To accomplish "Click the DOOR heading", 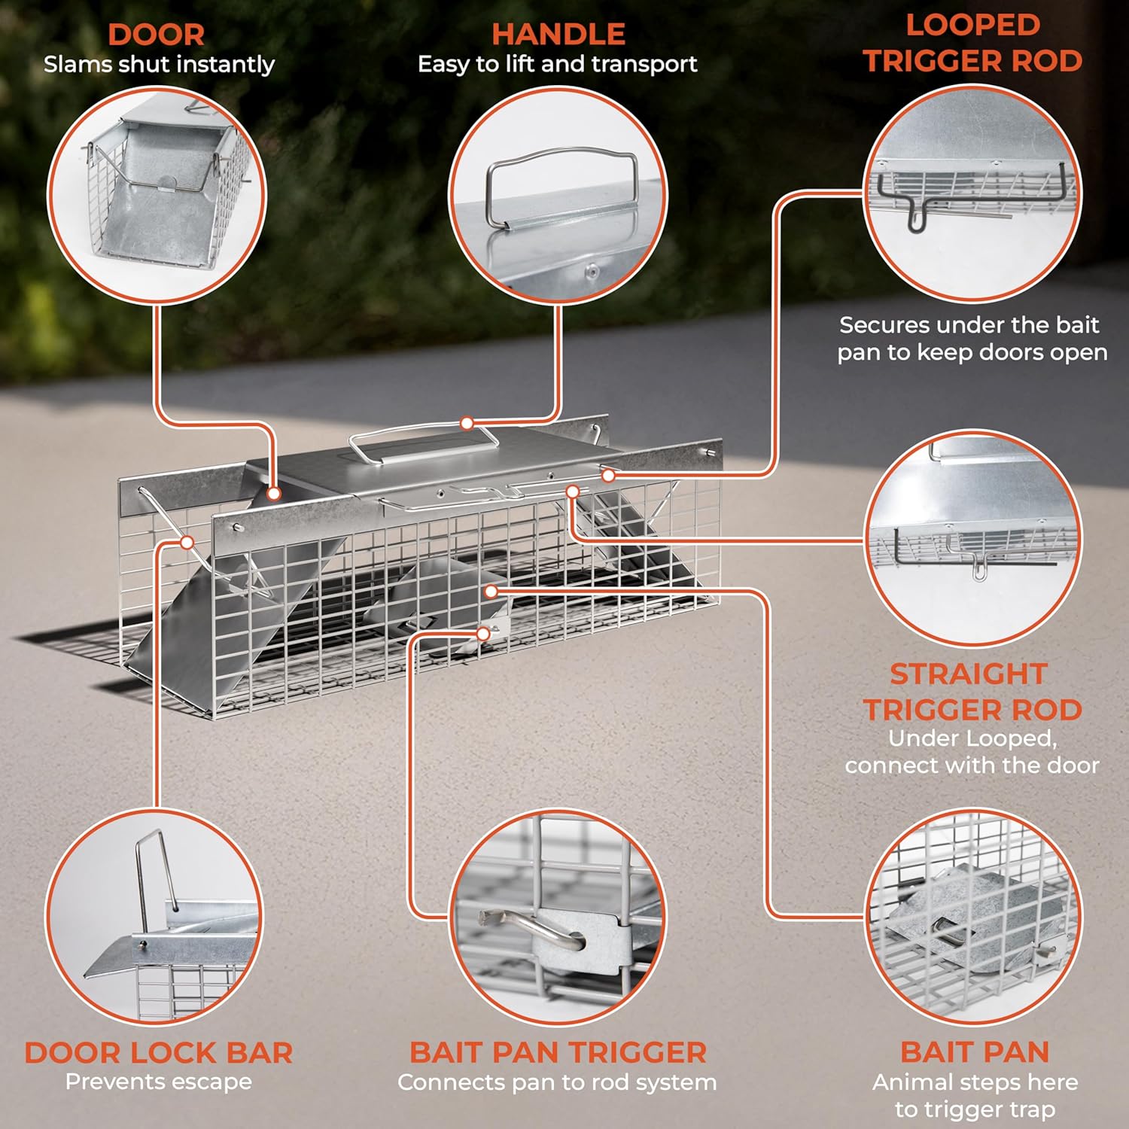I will pyautogui.click(x=156, y=35).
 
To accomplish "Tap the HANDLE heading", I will pyautogui.click(x=558, y=35).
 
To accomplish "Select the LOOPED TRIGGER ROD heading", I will pyautogui.click(x=972, y=44).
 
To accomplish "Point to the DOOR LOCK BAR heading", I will pyautogui.click(x=159, y=1052).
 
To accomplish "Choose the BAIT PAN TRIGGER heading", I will pyautogui.click(x=558, y=1052).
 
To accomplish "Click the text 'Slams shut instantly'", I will pyautogui.click(x=159, y=65).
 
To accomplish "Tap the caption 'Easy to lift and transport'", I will pyautogui.click(x=558, y=65).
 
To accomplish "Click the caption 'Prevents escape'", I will pyautogui.click(x=159, y=1082).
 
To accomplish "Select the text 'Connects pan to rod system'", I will pyautogui.click(x=557, y=1082).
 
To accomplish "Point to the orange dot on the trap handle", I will pyautogui.click(x=467, y=424).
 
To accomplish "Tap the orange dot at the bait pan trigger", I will pyautogui.click(x=483, y=634).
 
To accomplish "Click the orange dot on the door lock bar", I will pyautogui.click(x=187, y=542).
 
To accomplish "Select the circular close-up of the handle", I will pyautogui.click(x=558, y=196).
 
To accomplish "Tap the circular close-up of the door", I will pyautogui.click(x=157, y=196).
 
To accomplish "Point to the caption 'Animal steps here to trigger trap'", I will pyautogui.click(x=975, y=1096).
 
